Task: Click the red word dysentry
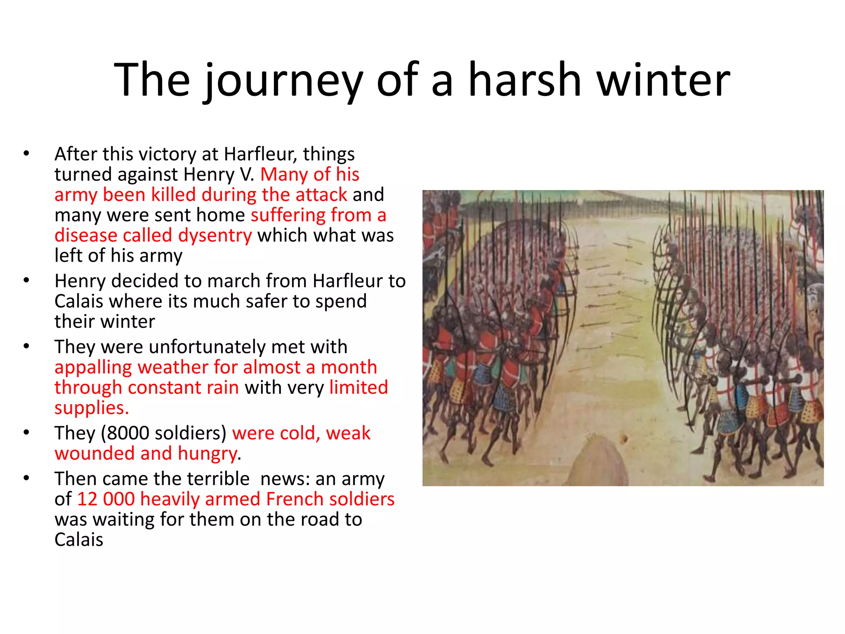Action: [215, 236]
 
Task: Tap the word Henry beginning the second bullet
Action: [80, 281]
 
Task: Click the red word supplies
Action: [91, 408]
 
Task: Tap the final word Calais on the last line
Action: [79, 540]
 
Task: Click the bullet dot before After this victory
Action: [26, 154]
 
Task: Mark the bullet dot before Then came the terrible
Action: [26, 478]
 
